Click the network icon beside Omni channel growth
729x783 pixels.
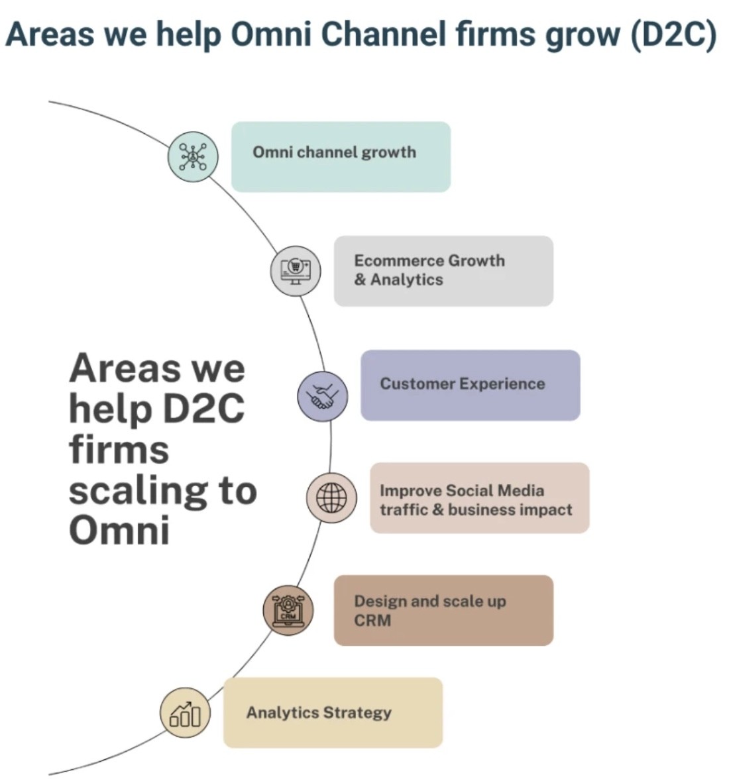[x=193, y=157]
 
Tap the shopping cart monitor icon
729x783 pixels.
[x=296, y=270]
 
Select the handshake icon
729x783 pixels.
[x=322, y=396]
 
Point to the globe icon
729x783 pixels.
[x=331, y=497]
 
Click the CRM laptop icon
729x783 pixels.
[x=288, y=610]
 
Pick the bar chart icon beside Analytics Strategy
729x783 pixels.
[x=185, y=713]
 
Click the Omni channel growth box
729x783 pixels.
[x=341, y=157]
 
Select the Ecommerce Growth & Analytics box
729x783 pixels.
[x=443, y=271]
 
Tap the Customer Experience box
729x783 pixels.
[x=470, y=385]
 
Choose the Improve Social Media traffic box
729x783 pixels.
[x=479, y=498]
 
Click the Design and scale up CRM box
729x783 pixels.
[x=443, y=610]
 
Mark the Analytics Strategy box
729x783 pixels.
[x=333, y=713]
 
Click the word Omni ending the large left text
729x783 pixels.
[x=119, y=530]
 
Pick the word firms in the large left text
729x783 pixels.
[x=119, y=449]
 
